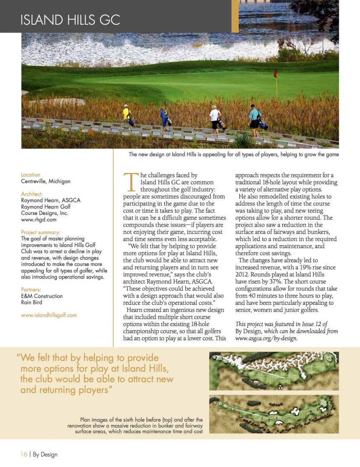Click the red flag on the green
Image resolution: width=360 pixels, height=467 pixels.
click(275, 74)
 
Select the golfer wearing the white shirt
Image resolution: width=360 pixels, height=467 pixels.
click(215, 118)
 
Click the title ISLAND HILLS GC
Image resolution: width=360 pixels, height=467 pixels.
click(70, 20)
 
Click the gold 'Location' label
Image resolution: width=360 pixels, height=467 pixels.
click(30, 175)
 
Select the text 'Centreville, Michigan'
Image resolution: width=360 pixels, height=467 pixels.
click(45, 182)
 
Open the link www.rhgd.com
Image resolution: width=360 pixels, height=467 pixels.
click(39, 220)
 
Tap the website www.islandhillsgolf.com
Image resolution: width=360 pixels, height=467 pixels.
click(49, 315)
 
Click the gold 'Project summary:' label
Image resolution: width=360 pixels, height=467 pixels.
click(41, 232)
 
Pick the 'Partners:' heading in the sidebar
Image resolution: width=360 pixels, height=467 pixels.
click(32, 290)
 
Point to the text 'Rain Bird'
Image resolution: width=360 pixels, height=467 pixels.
click(32, 302)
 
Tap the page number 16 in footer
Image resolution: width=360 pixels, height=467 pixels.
click(24, 454)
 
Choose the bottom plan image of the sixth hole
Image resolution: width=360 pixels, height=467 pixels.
click(274, 414)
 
